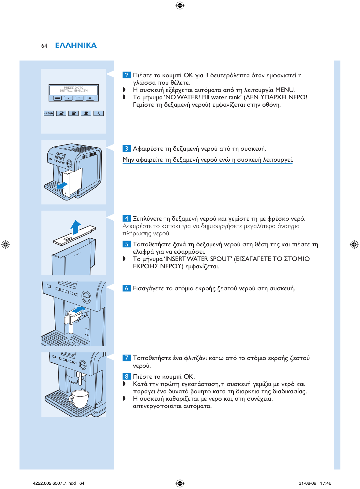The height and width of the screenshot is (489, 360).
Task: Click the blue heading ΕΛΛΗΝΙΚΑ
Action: pos(76,45)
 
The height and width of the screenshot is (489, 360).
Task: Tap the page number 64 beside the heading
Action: pos(44,46)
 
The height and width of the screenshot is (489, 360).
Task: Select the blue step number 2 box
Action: pos(127,75)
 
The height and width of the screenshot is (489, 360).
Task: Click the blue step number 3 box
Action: pos(127,149)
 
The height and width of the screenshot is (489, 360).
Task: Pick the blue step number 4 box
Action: pos(127,218)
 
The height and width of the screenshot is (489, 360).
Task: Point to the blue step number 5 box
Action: pos(127,244)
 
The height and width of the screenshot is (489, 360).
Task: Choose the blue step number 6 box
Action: pos(127,288)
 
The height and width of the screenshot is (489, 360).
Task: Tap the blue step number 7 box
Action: pos(127,358)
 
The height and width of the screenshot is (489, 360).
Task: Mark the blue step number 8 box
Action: pos(127,377)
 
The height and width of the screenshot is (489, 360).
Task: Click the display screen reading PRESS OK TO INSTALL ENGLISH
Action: pos(73,90)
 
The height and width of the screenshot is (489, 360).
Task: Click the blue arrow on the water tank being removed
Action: pos(62,186)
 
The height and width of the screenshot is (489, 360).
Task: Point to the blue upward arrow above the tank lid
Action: pos(75,227)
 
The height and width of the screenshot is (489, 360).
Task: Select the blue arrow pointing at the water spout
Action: pos(79,310)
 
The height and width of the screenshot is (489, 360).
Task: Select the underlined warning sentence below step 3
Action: pos(208,160)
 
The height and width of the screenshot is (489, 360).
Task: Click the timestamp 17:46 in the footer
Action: pos(325,483)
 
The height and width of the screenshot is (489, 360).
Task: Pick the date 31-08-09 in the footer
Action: pos(307,483)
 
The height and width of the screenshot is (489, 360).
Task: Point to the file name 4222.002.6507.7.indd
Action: pos(54,483)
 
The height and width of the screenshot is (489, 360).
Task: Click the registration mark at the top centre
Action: pos(180,6)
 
